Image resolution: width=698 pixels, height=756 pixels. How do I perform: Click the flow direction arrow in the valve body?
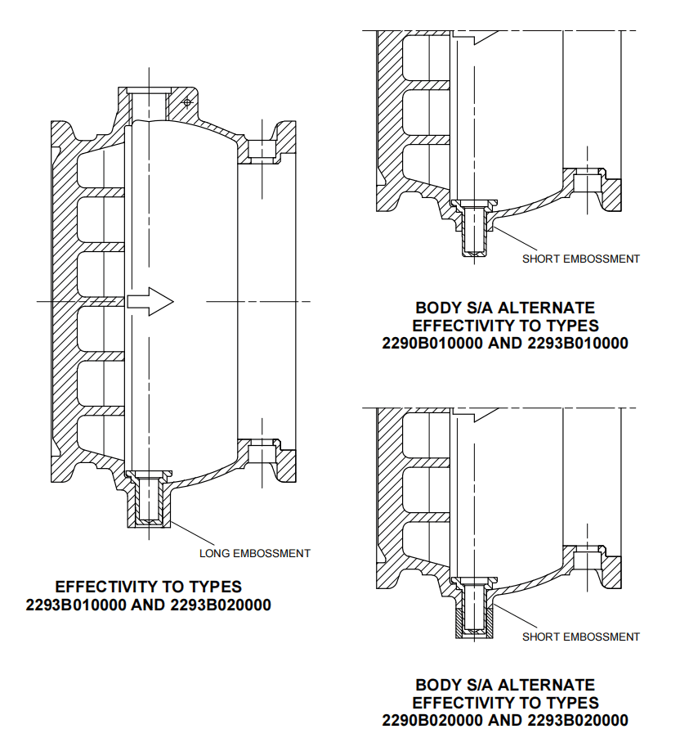152,302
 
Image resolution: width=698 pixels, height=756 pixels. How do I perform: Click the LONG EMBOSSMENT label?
255,553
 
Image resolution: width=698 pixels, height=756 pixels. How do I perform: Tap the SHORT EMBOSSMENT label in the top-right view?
580,259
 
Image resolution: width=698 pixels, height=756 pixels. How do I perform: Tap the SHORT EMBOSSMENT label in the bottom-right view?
580,637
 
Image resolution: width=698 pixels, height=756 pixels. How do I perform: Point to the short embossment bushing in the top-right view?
474,232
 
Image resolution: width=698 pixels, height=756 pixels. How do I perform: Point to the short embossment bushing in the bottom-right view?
474,610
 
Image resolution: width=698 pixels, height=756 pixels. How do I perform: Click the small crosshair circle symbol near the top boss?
187,102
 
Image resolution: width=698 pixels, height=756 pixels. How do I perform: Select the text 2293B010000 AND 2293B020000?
148,606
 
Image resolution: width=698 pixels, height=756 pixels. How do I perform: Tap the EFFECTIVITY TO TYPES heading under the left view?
148,587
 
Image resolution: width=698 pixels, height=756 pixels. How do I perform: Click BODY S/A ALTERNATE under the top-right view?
505,308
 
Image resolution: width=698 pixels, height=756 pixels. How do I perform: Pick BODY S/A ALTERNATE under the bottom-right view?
505,685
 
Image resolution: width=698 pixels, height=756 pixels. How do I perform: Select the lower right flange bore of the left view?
261,454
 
